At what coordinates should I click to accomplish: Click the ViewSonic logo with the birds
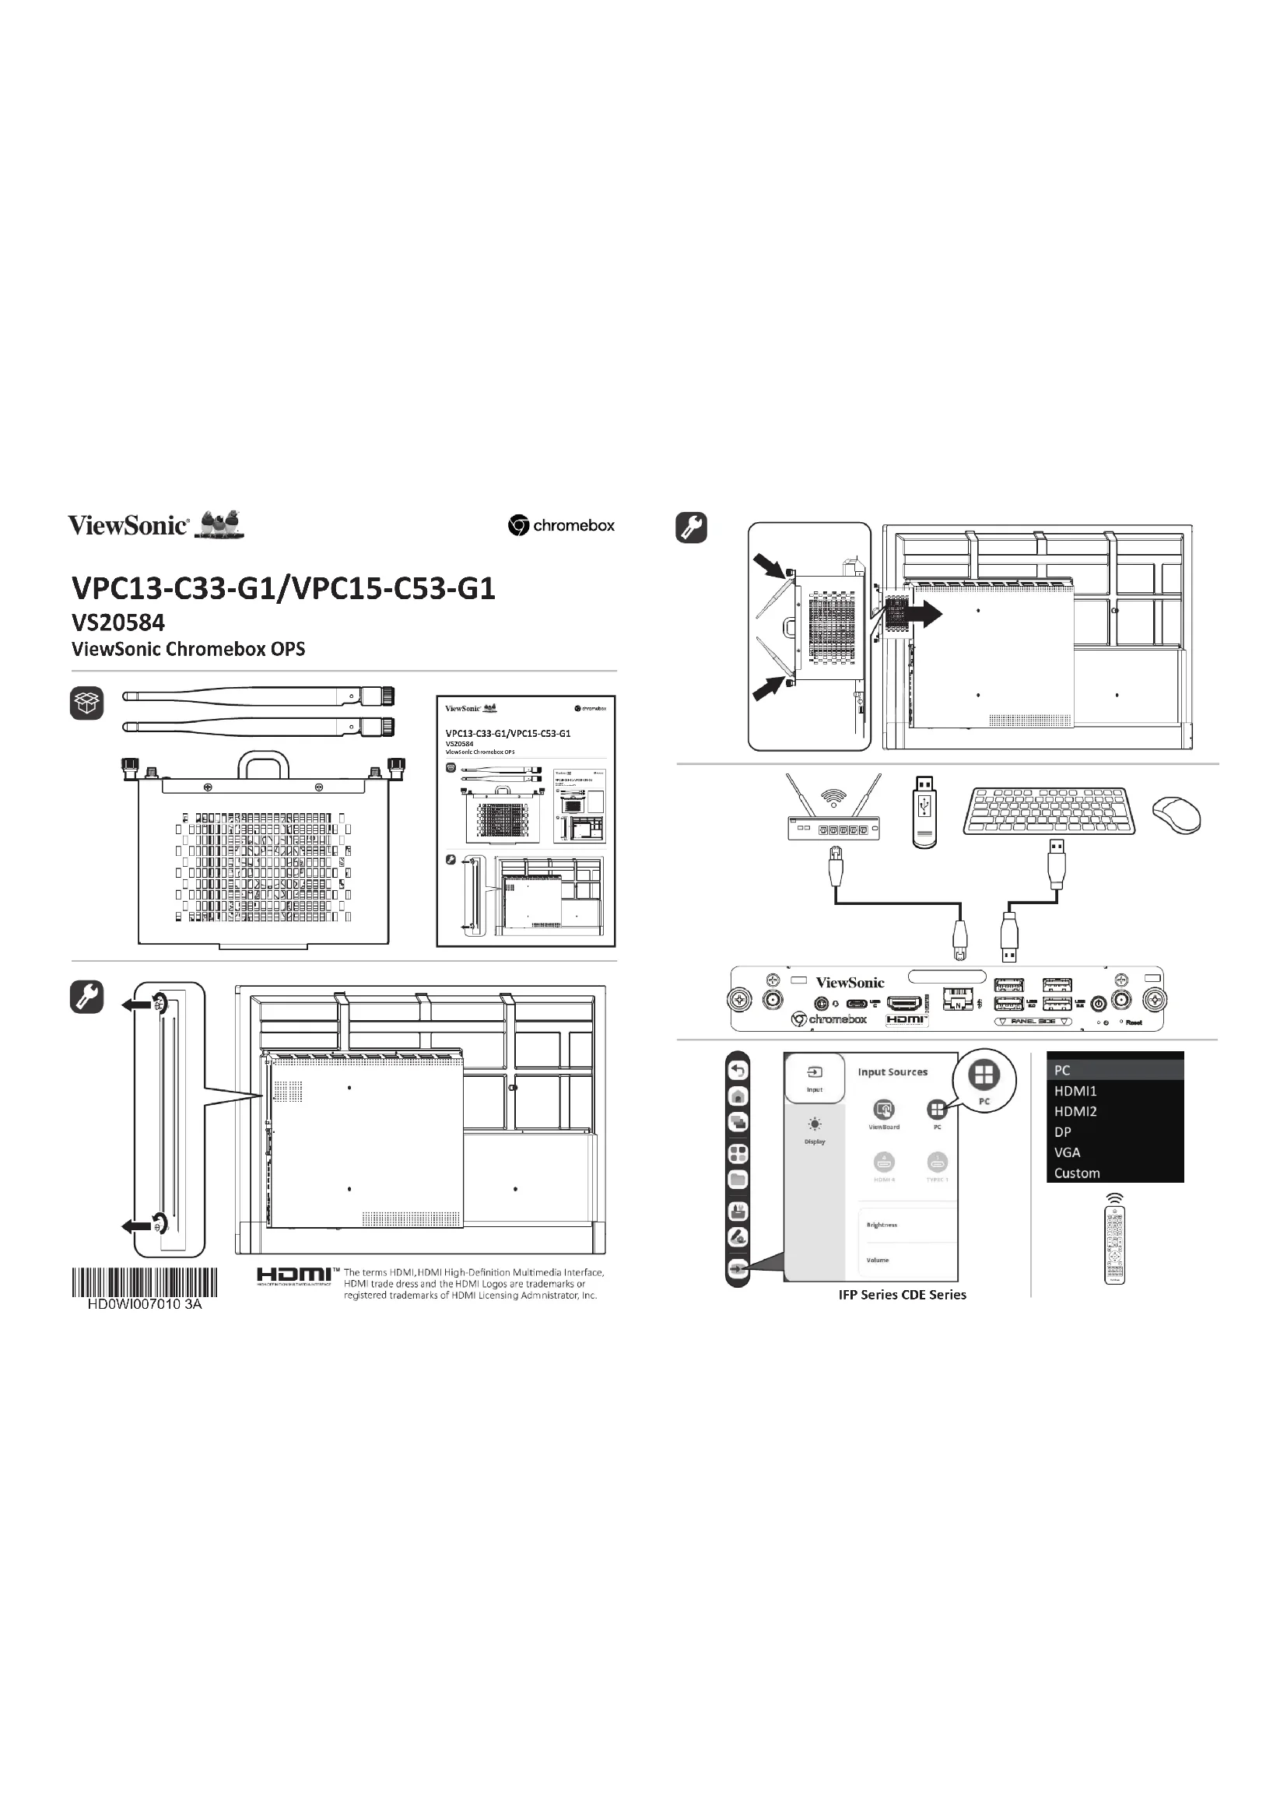pos(156,524)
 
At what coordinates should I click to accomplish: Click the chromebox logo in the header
pos(561,524)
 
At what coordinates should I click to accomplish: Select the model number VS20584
pos(118,622)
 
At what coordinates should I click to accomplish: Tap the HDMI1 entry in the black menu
pos(1075,1091)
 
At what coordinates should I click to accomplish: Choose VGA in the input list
pos(1067,1152)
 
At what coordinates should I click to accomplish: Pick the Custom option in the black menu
pos(1076,1173)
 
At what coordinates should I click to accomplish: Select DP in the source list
pos(1062,1132)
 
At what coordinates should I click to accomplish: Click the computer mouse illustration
pos(1176,815)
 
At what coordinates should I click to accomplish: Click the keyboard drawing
pos(1048,810)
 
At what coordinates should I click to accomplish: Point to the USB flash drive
pos(924,812)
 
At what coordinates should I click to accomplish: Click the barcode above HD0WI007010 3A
pos(144,1282)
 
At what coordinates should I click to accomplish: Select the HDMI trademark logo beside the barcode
pos(294,1275)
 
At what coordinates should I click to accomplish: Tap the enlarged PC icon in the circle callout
pos(984,1075)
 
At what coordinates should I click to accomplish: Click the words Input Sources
pos(892,1071)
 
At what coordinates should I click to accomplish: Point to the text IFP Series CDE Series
pos(902,1295)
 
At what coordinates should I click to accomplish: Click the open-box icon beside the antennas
pos(86,703)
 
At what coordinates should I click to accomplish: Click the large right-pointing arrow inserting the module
pos(925,613)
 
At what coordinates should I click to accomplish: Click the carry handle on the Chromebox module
pos(263,765)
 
